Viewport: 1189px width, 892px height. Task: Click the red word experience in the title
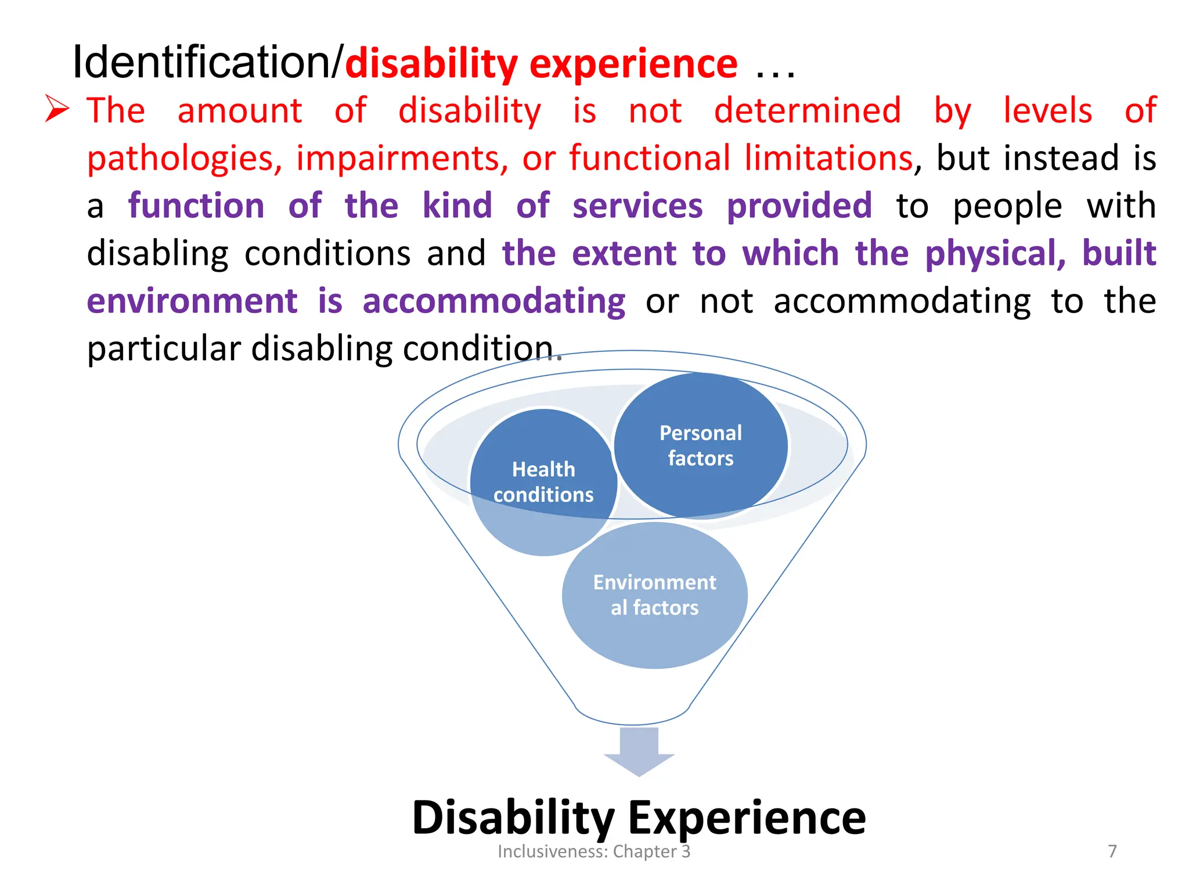[x=633, y=64]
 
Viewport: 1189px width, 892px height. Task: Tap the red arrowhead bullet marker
[x=57, y=109]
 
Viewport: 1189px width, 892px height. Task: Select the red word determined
[x=807, y=110]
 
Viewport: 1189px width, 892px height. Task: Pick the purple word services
[x=637, y=206]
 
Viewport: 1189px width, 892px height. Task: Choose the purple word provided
[x=799, y=206]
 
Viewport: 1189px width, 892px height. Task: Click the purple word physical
[x=995, y=254]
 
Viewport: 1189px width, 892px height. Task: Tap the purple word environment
[x=192, y=301]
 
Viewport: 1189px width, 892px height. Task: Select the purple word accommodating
[x=493, y=301]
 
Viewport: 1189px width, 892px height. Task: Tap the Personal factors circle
[x=700, y=445]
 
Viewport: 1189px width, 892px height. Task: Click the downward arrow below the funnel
[x=639, y=751]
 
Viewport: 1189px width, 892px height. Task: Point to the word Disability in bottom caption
[x=513, y=817]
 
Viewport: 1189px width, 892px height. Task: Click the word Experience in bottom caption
[x=747, y=817]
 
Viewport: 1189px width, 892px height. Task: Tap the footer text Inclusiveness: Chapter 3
[x=593, y=851]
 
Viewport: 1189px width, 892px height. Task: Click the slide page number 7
[x=1112, y=851]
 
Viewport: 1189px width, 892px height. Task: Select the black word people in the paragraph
[x=1007, y=207]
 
